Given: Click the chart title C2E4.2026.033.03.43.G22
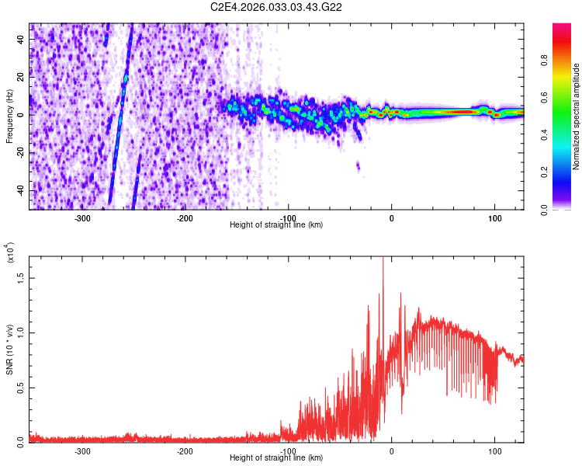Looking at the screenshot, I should point(276,7).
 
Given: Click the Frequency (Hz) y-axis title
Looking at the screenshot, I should point(9,116).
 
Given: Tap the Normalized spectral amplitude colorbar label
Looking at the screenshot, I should point(576,116).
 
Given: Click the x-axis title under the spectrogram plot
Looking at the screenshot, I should point(276,224).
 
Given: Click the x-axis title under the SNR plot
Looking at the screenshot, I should point(276,457).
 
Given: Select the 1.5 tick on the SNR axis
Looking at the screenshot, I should point(21,276).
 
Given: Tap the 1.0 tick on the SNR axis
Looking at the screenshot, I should point(21,332).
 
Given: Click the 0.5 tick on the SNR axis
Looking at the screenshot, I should point(21,388).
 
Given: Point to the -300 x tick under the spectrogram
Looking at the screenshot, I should point(82,218).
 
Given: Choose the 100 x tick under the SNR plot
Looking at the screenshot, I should point(494,451).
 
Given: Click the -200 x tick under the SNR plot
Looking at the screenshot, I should point(185,451).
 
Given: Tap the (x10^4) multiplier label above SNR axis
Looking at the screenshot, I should point(11,253).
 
